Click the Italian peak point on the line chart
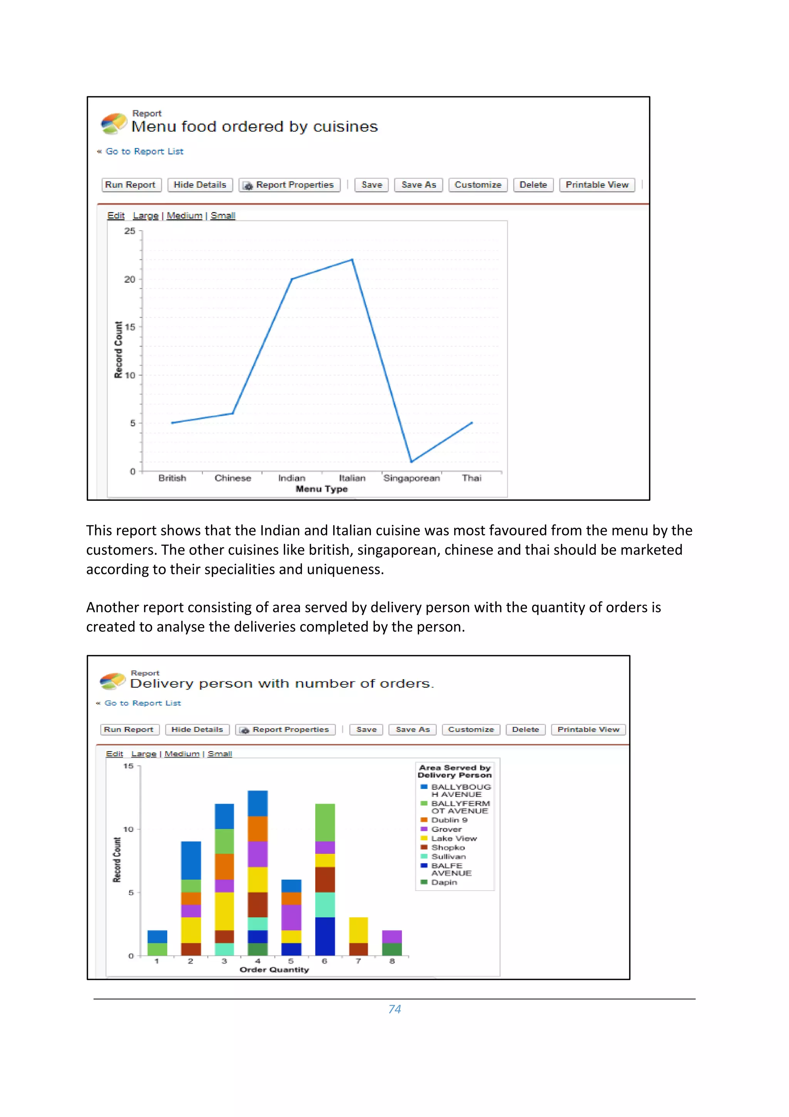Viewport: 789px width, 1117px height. (x=352, y=260)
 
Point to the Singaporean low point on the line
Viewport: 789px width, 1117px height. (x=411, y=461)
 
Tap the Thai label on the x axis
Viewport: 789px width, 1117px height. (x=471, y=478)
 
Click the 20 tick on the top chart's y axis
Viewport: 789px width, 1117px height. (x=129, y=279)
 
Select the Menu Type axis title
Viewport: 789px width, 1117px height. (x=321, y=489)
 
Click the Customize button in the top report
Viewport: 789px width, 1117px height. (x=477, y=185)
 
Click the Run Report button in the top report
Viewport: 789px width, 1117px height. (x=130, y=185)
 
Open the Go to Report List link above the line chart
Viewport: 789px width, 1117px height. (x=144, y=151)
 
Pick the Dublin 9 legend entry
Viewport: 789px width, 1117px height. (x=449, y=820)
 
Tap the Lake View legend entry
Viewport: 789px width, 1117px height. (x=453, y=838)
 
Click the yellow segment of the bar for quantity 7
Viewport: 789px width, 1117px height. (x=358, y=930)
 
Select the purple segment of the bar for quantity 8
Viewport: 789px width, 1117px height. (x=392, y=937)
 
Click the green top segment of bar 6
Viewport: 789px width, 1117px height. (x=325, y=822)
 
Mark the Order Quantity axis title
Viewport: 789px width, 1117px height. (x=274, y=970)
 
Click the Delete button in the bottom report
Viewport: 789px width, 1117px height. (x=525, y=729)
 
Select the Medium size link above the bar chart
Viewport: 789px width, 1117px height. (x=182, y=754)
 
